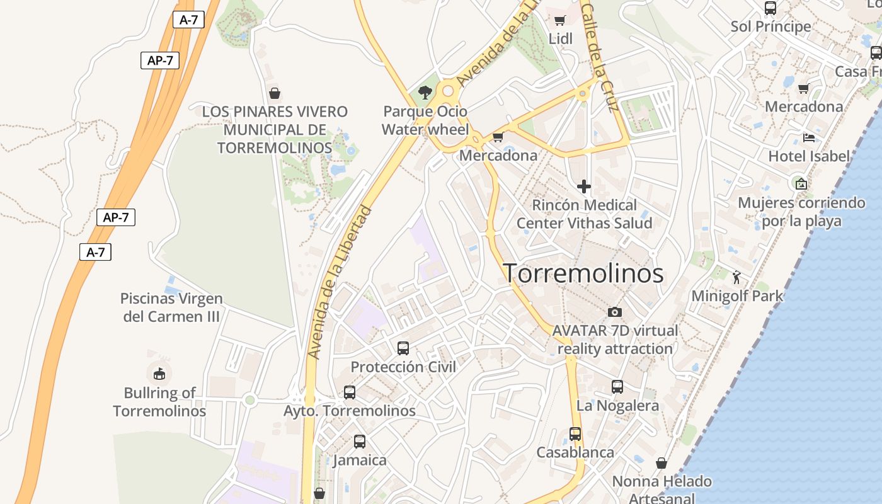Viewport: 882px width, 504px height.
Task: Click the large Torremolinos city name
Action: click(583, 273)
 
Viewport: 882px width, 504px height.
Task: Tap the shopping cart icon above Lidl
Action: click(560, 20)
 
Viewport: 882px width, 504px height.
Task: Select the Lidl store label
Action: click(560, 38)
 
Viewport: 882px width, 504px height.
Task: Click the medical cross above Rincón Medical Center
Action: click(584, 186)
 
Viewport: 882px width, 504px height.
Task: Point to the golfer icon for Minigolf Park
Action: click(736, 277)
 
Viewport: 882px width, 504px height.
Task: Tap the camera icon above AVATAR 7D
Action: click(615, 312)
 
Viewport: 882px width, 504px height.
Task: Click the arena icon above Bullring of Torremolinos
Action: click(159, 374)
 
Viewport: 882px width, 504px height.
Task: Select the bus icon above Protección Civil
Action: click(403, 348)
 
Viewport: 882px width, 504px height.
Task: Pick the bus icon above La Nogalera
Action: click(617, 386)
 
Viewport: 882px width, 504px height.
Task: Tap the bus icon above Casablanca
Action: click(575, 433)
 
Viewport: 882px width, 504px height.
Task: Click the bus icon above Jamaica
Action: click(360, 441)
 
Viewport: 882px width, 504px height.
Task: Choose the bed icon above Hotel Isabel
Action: click(809, 137)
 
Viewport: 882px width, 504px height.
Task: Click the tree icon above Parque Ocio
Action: click(426, 93)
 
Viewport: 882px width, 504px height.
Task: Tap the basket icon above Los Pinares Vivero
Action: click(275, 93)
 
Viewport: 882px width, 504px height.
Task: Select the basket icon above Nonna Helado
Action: click(661, 463)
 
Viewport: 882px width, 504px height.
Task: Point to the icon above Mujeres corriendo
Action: click(801, 184)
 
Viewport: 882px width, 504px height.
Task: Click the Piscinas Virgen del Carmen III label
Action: click(171, 307)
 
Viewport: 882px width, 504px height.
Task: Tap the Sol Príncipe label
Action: click(770, 26)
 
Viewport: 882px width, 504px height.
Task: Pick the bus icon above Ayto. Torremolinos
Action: click(350, 392)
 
